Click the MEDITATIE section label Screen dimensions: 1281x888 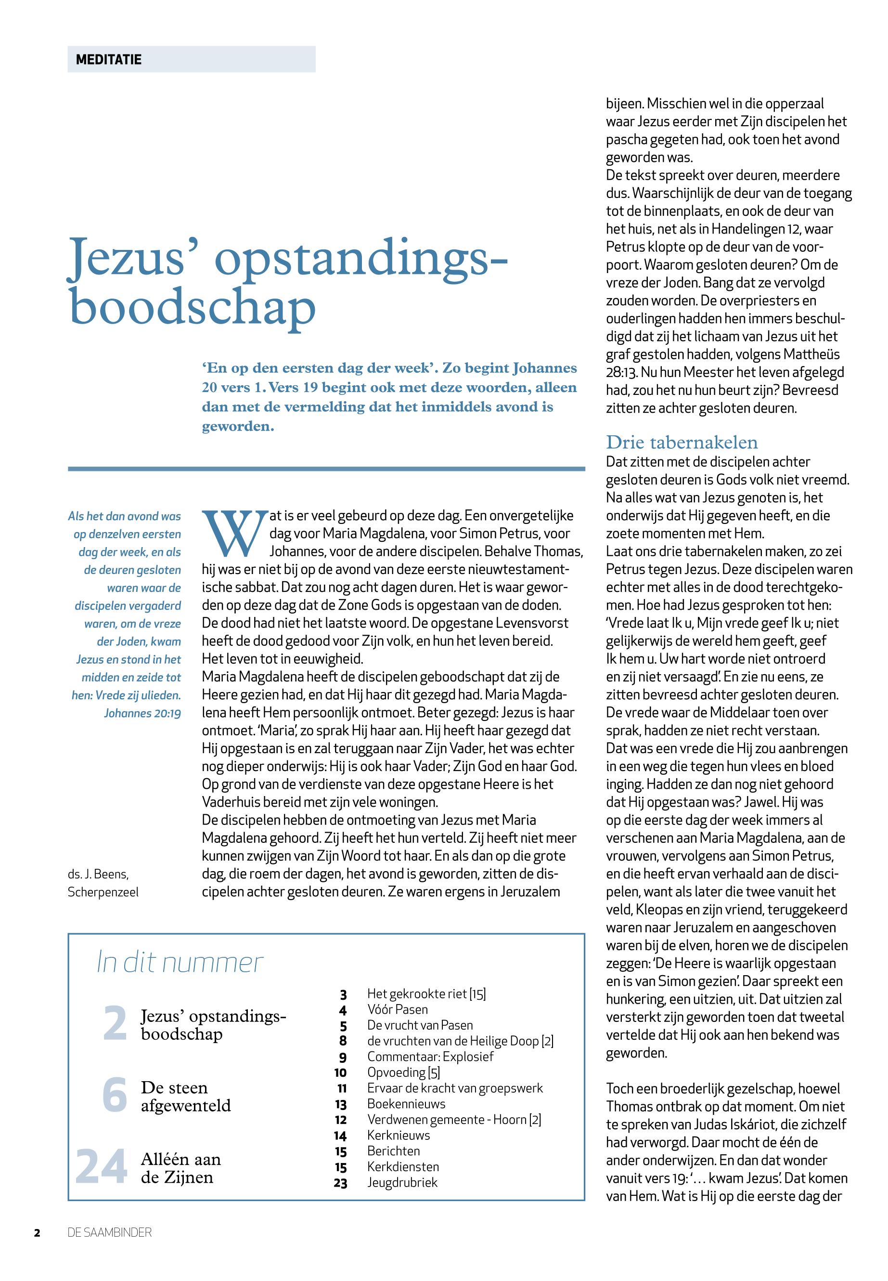pos(108,60)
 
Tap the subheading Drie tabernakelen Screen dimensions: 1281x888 pos(682,442)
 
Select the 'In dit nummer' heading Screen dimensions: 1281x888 pos(179,963)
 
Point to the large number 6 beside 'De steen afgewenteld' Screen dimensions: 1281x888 pos(115,1095)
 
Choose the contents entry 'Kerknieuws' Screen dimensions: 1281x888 pos(399,1135)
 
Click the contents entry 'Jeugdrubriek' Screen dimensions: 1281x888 pos(402,1182)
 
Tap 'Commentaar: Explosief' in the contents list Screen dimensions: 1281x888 pos(430,1056)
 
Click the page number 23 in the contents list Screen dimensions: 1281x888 pos(340,1183)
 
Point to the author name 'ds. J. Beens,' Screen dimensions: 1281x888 pos(98,874)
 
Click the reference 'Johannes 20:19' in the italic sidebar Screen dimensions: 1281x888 pos(142,713)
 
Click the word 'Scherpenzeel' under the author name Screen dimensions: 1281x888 pos(103,892)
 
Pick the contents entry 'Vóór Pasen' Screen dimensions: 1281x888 pos(397,1009)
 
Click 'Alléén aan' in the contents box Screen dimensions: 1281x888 pos(181,1159)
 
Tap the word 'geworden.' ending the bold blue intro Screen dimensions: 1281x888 pos(238,427)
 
